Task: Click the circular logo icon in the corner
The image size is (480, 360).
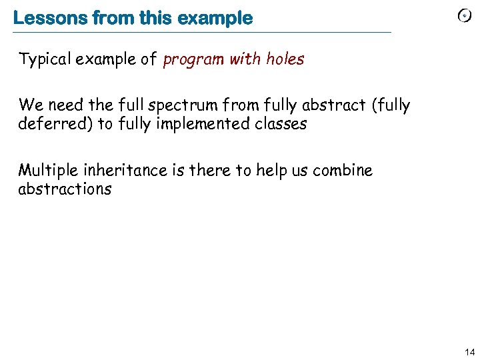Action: [x=465, y=16]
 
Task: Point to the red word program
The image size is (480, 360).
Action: [x=193, y=60]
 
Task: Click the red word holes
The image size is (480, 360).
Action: [x=285, y=59]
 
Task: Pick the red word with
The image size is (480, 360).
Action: [x=245, y=59]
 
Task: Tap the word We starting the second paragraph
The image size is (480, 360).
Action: [x=30, y=105]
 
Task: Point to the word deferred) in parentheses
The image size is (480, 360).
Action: [x=56, y=124]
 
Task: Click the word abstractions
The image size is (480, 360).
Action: [x=65, y=189]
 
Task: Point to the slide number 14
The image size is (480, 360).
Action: [x=469, y=351]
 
